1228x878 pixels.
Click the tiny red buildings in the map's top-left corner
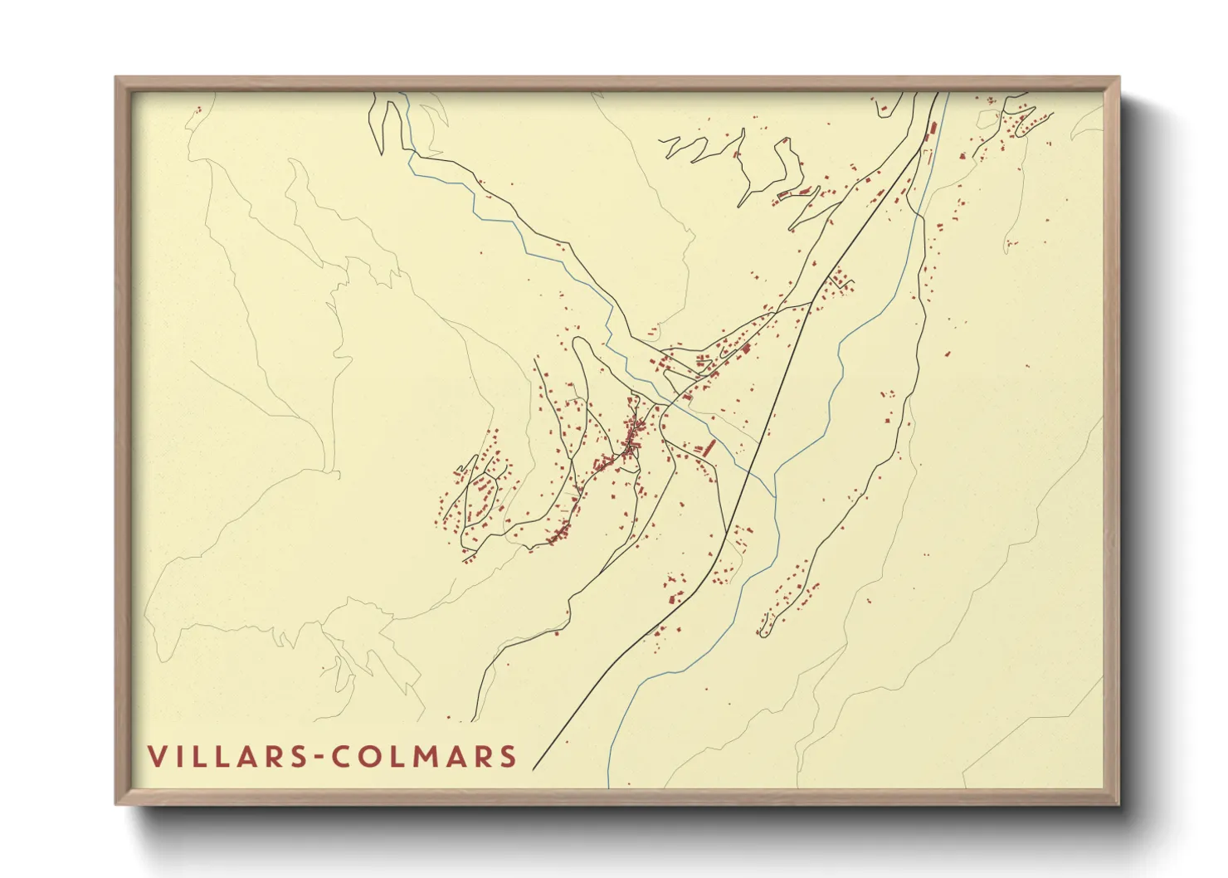click(197, 110)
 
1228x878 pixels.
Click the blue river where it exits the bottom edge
click(608, 783)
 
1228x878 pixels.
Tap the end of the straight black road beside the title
click(534, 768)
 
